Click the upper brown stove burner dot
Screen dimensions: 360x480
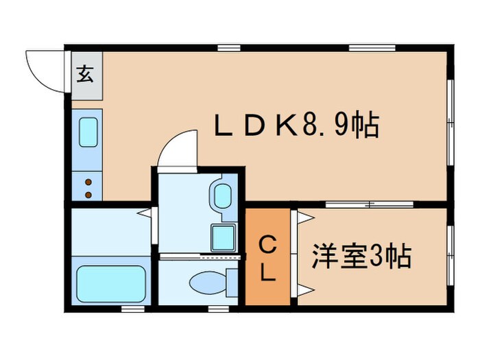[88, 181]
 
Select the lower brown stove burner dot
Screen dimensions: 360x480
[88, 194]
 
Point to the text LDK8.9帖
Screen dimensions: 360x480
[296, 126]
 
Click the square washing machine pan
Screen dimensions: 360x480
[221, 237]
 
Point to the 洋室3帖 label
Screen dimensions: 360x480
[361, 257]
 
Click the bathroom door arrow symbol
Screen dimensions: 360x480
[145, 213]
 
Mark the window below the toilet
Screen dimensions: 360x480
[219, 309]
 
